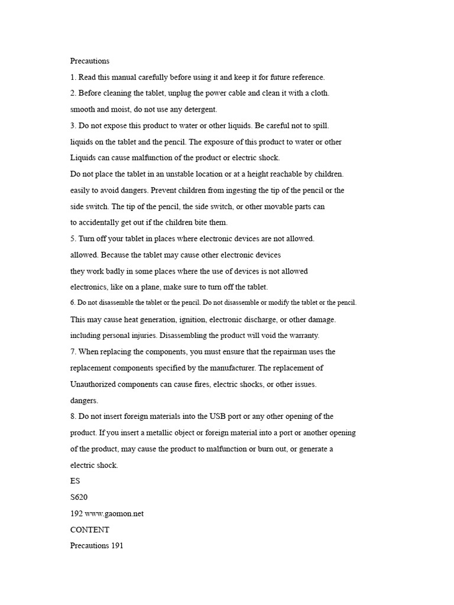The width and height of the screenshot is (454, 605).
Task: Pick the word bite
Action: tap(199, 223)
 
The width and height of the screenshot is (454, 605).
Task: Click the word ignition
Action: tap(194, 320)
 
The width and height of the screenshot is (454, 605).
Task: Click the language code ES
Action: tap(76, 482)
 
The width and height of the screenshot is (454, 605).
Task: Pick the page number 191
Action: tap(117, 547)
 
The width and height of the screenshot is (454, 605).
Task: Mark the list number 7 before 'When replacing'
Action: tap(73, 352)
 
